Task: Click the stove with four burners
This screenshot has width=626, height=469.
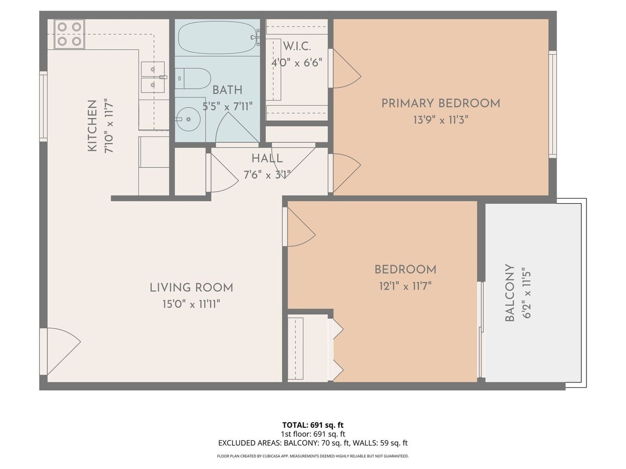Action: pyautogui.click(x=69, y=33)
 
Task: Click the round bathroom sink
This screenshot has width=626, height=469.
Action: pyautogui.click(x=188, y=119)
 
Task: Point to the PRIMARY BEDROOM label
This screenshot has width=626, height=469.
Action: pyautogui.click(x=440, y=103)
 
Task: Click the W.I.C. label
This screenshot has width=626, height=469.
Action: pyautogui.click(x=296, y=45)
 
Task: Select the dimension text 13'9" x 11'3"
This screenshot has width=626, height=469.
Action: pyautogui.click(x=440, y=120)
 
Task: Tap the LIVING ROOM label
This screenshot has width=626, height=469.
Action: pyautogui.click(x=191, y=287)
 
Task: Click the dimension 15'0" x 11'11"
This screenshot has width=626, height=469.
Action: pyautogui.click(x=191, y=304)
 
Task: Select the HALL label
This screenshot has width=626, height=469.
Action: pyautogui.click(x=267, y=158)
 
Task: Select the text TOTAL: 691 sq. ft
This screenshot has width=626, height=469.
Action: pyautogui.click(x=313, y=425)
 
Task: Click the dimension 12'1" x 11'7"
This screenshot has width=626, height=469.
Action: pyautogui.click(x=405, y=286)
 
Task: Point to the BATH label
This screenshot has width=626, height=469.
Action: pyautogui.click(x=227, y=90)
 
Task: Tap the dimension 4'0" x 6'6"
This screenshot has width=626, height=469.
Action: pyautogui.click(x=296, y=63)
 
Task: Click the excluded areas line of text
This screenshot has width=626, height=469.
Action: pyautogui.click(x=313, y=443)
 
